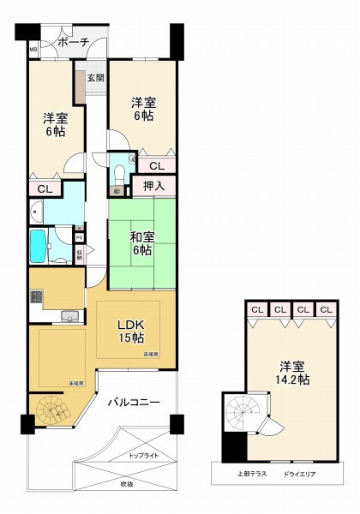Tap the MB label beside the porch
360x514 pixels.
33,51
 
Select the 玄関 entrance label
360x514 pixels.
94,78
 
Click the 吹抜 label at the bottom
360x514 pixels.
126,485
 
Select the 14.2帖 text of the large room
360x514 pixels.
292,380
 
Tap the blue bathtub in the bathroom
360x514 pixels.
38,247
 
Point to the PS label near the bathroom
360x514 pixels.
79,237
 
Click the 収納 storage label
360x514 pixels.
79,253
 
